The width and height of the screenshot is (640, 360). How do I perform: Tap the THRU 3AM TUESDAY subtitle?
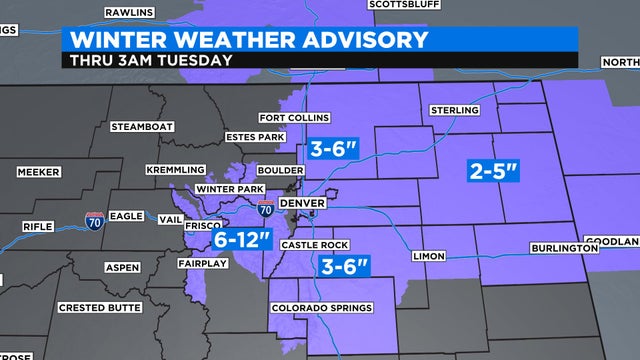(x=153, y=60)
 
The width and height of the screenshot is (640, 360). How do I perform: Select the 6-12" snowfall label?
(x=242, y=239)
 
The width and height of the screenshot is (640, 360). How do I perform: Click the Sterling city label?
(x=456, y=110)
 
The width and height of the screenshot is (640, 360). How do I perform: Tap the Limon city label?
(x=428, y=257)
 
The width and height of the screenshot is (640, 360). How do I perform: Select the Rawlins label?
(x=130, y=13)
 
